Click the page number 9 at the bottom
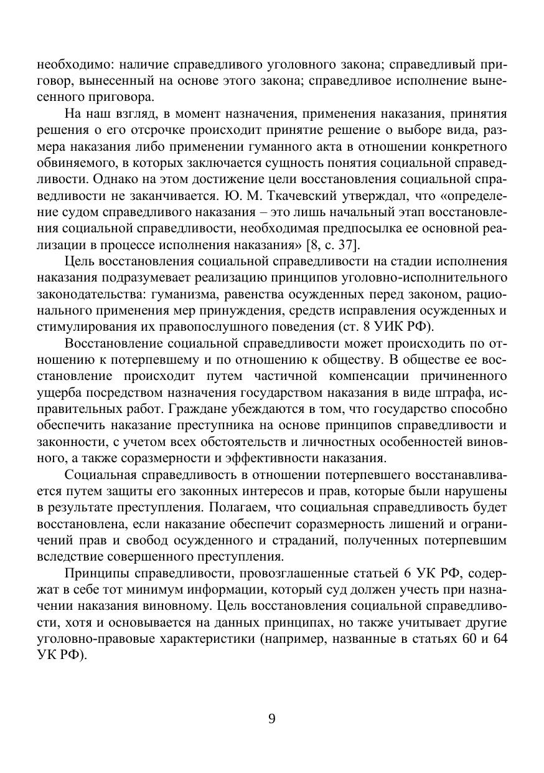[x=272, y=719]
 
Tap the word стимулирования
[x=78, y=326]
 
